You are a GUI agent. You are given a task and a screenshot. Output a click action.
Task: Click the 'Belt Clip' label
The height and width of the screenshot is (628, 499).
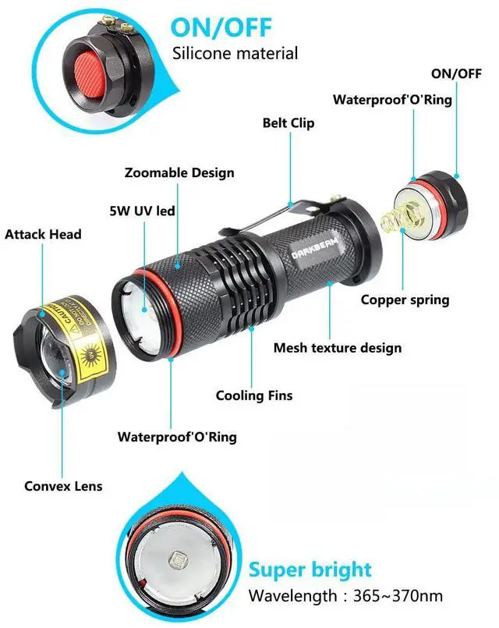(x=288, y=123)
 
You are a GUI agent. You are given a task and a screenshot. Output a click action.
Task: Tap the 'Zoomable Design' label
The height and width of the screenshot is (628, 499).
(x=179, y=172)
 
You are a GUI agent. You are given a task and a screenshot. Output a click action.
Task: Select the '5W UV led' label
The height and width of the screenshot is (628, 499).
(x=142, y=211)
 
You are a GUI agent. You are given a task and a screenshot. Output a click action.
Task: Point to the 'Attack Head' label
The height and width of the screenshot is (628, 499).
(x=43, y=234)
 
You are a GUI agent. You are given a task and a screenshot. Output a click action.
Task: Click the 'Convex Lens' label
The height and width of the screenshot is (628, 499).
(x=63, y=486)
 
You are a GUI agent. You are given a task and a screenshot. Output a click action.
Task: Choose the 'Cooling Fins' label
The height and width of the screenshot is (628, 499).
(x=254, y=396)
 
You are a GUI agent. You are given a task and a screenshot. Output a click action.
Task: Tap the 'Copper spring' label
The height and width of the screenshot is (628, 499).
(x=405, y=300)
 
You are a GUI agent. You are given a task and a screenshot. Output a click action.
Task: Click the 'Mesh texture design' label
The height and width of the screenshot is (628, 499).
(x=338, y=348)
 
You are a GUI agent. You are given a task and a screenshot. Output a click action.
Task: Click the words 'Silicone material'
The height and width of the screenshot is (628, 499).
(x=235, y=54)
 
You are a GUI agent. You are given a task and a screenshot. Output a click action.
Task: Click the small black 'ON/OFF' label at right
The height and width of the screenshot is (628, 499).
(x=458, y=73)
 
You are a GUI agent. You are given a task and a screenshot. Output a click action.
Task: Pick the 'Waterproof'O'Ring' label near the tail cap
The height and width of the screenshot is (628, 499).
(x=392, y=100)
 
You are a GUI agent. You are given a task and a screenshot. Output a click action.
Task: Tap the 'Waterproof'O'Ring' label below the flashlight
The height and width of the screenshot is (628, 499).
(x=177, y=437)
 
